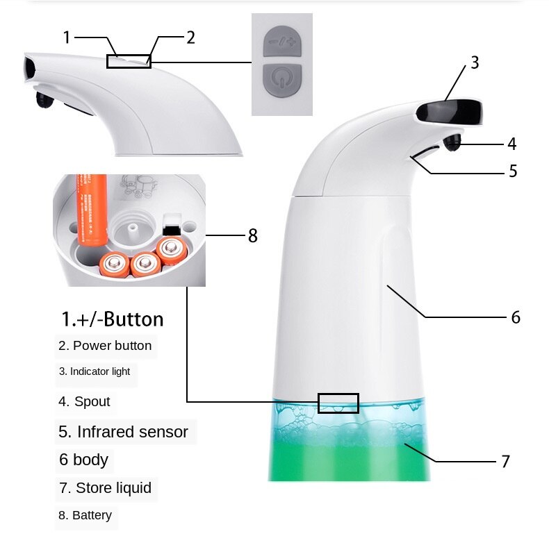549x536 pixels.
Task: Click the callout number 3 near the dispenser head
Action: click(x=475, y=62)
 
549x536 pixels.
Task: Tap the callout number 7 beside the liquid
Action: click(x=505, y=461)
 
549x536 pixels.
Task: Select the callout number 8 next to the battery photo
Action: click(x=252, y=236)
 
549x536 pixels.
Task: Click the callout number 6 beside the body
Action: click(x=515, y=317)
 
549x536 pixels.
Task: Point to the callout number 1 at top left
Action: click(x=67, y=37)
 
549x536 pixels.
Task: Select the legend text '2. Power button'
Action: click(x=105, y=346)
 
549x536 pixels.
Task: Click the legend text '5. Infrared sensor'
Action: click(x=124, y=432)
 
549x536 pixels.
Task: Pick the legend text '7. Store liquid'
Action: click(x=105, y=488)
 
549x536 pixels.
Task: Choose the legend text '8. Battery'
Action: click(x=85, y=515)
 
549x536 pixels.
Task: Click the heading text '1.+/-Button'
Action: click(x=113, y=319)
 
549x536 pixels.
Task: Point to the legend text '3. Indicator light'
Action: click(x=95, y=371)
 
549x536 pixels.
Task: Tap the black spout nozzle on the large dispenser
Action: click(x=453, y=142)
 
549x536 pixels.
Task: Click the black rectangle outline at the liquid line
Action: click(x=338, y=403)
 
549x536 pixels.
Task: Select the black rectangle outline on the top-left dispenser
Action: click(x=129, y=61)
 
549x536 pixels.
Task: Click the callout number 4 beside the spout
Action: click(x=512, y=144)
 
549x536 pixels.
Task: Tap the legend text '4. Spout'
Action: click(x=84, y=401)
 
